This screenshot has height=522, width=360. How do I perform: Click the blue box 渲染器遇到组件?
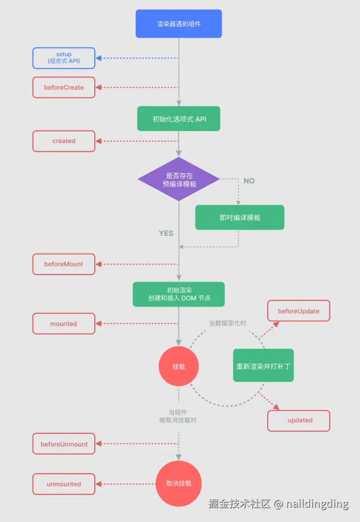point(179,24)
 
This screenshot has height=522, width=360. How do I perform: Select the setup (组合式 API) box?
point(64,58)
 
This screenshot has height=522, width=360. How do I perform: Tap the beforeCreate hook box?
point(64,88)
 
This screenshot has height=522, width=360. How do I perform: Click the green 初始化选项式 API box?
point(179,118)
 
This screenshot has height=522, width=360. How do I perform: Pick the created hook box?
point(64,141)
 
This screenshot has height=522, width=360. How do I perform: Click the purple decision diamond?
point(179,179)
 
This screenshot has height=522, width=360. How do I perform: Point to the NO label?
point(249,181)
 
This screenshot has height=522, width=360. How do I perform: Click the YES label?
point(166,233)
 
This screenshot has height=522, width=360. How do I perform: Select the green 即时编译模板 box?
point(240,217)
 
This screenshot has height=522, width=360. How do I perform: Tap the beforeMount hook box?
point(64,264)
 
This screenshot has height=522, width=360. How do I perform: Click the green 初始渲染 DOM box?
point(179,294)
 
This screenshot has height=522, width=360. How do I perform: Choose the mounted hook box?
point(64,323)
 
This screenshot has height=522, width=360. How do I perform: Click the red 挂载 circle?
point(179,366)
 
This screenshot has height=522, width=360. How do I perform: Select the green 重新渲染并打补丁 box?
point(263,365)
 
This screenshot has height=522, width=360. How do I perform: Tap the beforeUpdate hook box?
point(298,311)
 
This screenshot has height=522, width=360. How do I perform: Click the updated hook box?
point(298,420)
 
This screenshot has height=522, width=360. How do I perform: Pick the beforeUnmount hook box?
point(64,444)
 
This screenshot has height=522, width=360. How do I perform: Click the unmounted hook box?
point(64,484)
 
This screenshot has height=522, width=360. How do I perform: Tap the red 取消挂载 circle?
point(179,483)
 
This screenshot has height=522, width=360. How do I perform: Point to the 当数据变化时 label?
point(228,323)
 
